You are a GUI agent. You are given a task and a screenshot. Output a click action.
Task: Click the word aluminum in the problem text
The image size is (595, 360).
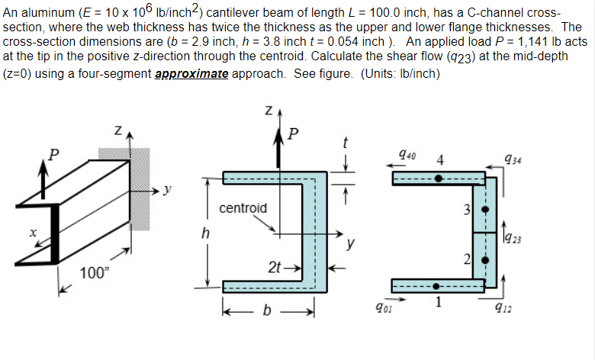click(37, 14)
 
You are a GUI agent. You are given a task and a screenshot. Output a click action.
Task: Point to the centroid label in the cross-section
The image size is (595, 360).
click(243, 207)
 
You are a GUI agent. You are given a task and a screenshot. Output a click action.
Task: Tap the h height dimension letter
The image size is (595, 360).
click(204, 235)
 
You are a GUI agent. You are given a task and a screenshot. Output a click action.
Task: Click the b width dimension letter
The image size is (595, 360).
click(268, 313)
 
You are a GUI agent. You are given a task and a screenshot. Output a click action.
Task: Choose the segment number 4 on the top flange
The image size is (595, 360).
click(440, 160)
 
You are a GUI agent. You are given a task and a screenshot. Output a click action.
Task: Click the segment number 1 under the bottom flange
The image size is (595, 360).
click(439, 304)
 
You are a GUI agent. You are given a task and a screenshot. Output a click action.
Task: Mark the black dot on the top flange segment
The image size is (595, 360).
click(438, 178)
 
